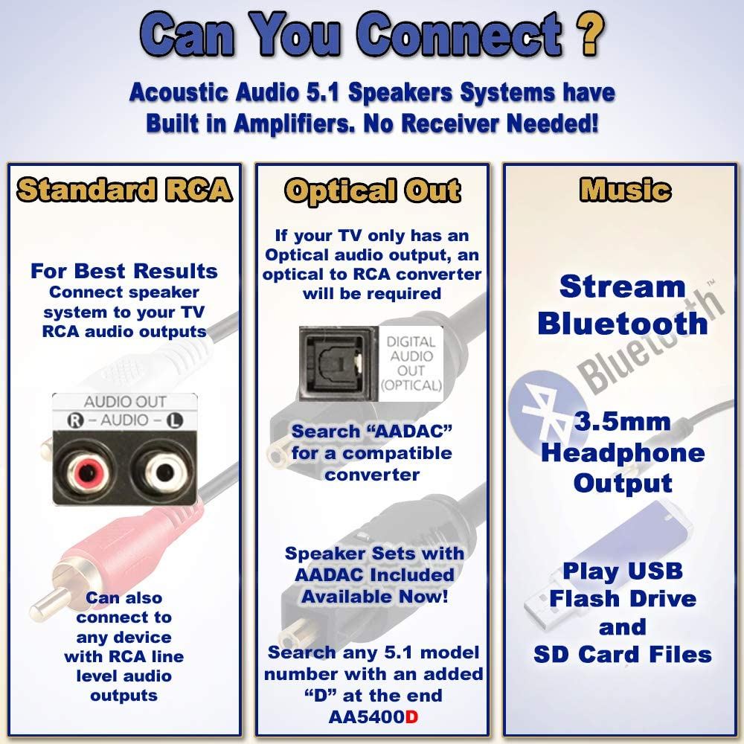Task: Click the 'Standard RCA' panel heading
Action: click(125, 190)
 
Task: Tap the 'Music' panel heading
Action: click(625, 190)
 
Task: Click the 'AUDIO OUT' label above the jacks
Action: click(125, 403)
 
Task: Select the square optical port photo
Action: click(339, 361)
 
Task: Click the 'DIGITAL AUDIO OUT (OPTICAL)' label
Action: click(411, 362)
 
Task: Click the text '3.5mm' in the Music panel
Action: click(621, 423)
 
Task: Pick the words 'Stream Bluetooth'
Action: click(623, 305)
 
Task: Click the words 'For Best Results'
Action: click(124, 271)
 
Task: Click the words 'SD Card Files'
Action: click(623, 654)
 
